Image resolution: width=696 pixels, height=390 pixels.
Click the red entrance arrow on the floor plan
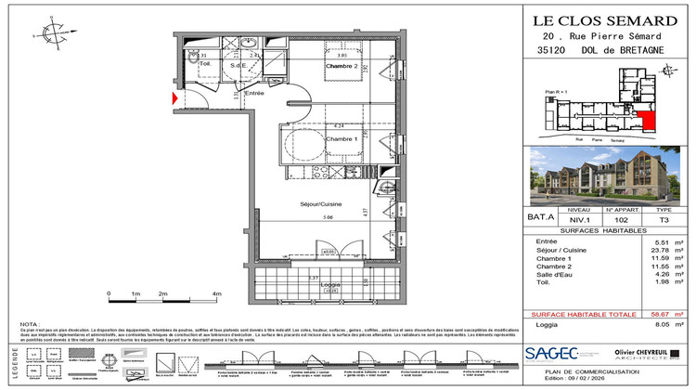[x=174, y=97]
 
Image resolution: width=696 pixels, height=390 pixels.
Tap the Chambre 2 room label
[x=342, y=67]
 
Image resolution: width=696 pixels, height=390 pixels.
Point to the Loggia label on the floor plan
[x=329, y=285]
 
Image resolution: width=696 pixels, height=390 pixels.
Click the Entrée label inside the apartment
[x=254, y=93]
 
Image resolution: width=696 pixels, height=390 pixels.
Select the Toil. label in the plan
[x=193, y=64]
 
